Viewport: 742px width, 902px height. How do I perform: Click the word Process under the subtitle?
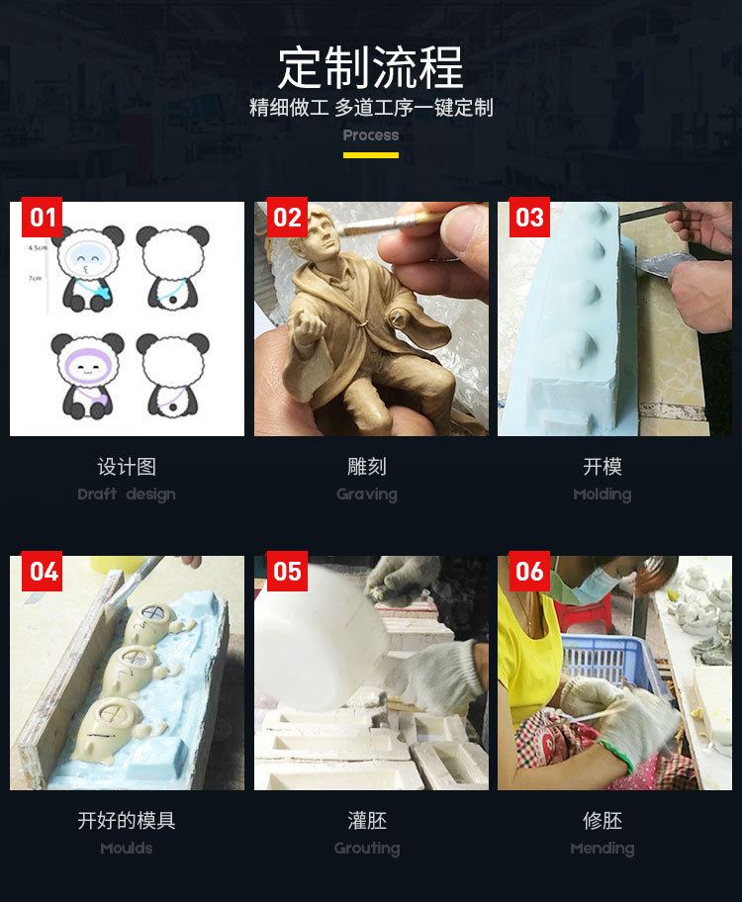[371, 135]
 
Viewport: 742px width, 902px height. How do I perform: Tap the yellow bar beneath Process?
[371, 154]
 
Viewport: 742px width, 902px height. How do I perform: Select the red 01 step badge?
[42, 218]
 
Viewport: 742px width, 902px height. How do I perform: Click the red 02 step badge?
[286, 218]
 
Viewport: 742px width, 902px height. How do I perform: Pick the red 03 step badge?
[529, 218]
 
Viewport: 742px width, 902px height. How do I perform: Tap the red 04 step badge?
[42, 572]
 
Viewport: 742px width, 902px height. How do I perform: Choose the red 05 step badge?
[286, 572]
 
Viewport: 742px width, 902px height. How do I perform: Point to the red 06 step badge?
[529, 572]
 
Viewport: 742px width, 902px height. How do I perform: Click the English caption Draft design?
[127, 495]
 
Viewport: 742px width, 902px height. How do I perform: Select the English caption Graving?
[367, 495]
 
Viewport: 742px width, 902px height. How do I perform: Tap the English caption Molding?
[602, 495]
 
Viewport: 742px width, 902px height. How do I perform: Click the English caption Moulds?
[127, 849]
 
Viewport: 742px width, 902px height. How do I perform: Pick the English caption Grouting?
[367, 849]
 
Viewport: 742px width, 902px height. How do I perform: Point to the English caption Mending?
[602, 849]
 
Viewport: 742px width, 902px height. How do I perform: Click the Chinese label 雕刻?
[367, 467]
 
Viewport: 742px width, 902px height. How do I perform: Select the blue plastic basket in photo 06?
[608, 658]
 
